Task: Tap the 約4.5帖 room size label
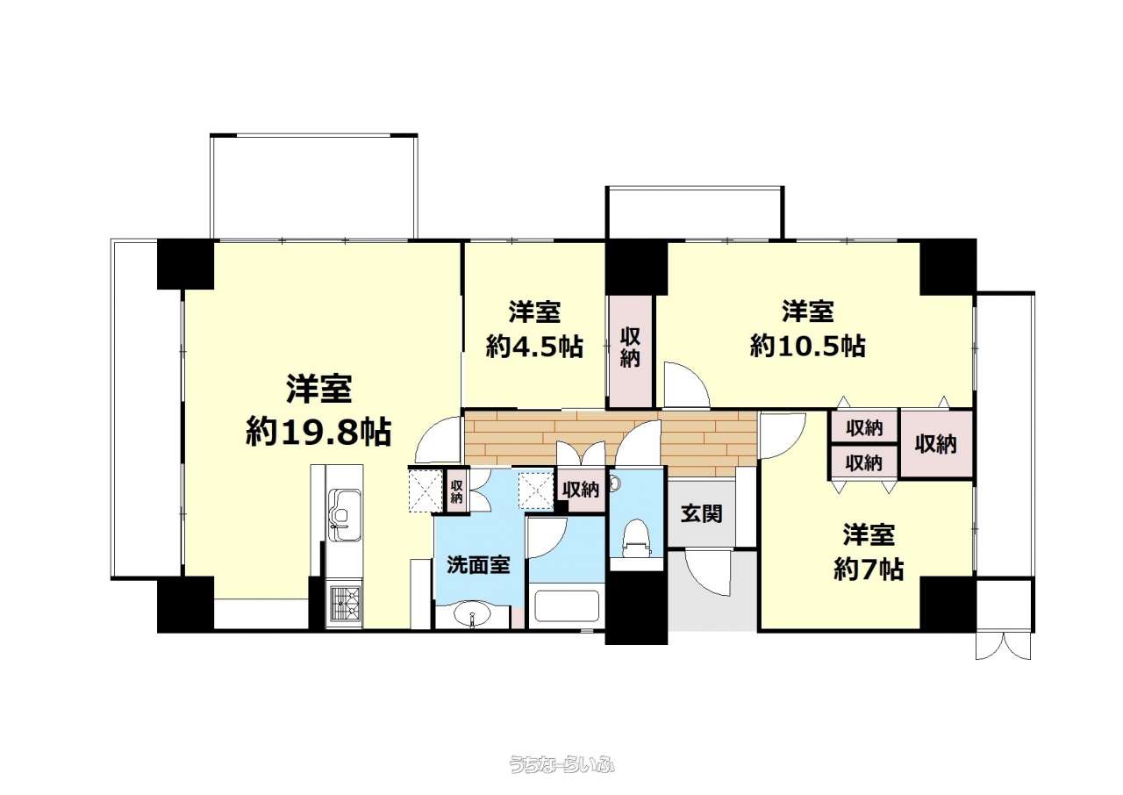534,346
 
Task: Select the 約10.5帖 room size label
808,346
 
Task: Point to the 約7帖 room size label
869,569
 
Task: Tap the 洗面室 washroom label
478,565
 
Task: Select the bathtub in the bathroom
567,607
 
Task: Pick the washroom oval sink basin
471,615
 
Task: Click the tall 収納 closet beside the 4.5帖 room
631,351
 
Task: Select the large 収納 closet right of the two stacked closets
936,444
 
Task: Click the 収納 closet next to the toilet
581,490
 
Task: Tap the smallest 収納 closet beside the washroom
456,491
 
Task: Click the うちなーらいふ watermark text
562,765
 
